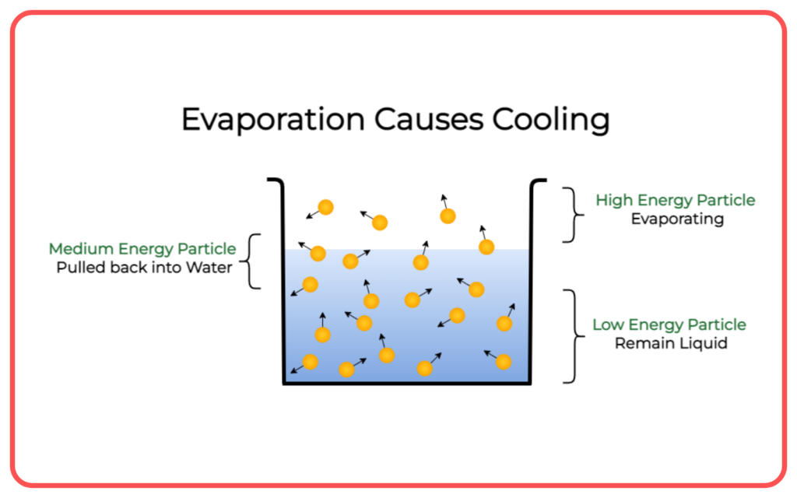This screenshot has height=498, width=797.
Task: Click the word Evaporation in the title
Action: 273,120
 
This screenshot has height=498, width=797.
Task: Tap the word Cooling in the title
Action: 551,121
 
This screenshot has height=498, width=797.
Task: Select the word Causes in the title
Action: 429,120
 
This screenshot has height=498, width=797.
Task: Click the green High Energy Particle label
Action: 676,200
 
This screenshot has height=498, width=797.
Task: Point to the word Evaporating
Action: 678,219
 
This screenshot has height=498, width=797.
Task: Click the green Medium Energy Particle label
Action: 142,249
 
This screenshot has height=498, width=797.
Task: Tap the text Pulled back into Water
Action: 144,268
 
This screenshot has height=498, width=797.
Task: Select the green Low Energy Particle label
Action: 669,324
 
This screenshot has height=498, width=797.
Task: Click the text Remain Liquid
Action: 671,343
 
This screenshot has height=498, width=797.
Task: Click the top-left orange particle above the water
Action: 326,207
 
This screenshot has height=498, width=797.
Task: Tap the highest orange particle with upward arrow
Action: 448,216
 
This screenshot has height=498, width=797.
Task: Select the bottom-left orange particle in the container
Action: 310,362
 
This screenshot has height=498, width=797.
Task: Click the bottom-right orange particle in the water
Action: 504,362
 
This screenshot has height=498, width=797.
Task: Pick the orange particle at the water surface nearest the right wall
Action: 486,247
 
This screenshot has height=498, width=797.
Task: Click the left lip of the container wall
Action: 275,180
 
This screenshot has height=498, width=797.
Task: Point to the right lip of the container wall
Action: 539,180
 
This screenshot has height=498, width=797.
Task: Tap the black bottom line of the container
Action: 407,383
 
